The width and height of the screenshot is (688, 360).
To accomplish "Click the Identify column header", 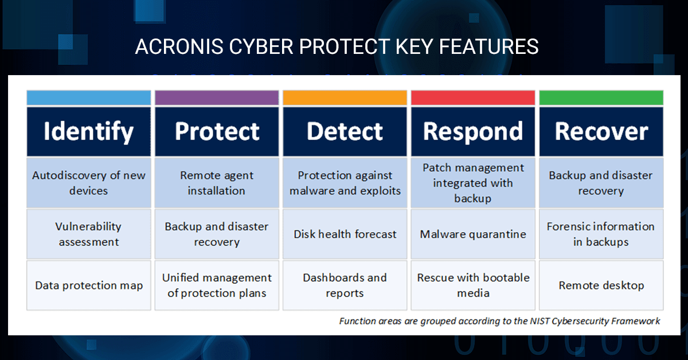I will click(x=89, y=131).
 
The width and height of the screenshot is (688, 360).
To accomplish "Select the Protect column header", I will click(x=217, y=131).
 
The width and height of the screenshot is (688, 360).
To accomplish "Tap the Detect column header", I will click(x=345, y=131).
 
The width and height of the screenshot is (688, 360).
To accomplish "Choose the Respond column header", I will click(x=473, y=131).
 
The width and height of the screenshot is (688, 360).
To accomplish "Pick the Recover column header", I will click(x=601, y=131).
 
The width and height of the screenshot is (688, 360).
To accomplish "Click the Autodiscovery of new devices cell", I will click(x=89, y=183).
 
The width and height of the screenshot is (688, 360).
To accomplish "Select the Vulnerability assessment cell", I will click(x=89, y=234).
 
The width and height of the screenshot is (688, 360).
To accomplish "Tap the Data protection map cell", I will click(x=89, y=285).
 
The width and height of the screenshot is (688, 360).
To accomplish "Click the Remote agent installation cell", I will click(x=217, y=183).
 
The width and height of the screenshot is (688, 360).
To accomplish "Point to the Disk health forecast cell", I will click(x=345, y=234).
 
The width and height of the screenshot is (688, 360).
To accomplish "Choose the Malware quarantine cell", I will click(x=473, y=234).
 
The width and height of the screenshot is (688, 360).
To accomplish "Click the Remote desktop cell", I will click(x=601, y=285).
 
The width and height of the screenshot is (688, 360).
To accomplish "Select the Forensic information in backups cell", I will click(x=601, y=234).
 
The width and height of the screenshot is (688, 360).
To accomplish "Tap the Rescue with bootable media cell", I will click(x=473, y=285).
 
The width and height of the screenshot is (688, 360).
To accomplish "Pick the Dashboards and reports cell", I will click(x=345, y=285).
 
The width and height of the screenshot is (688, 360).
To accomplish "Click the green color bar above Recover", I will click(x=601, y=97).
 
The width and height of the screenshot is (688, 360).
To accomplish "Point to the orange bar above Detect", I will click(x=345, y=97).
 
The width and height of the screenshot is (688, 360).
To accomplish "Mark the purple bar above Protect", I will click(x=217, y=97).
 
